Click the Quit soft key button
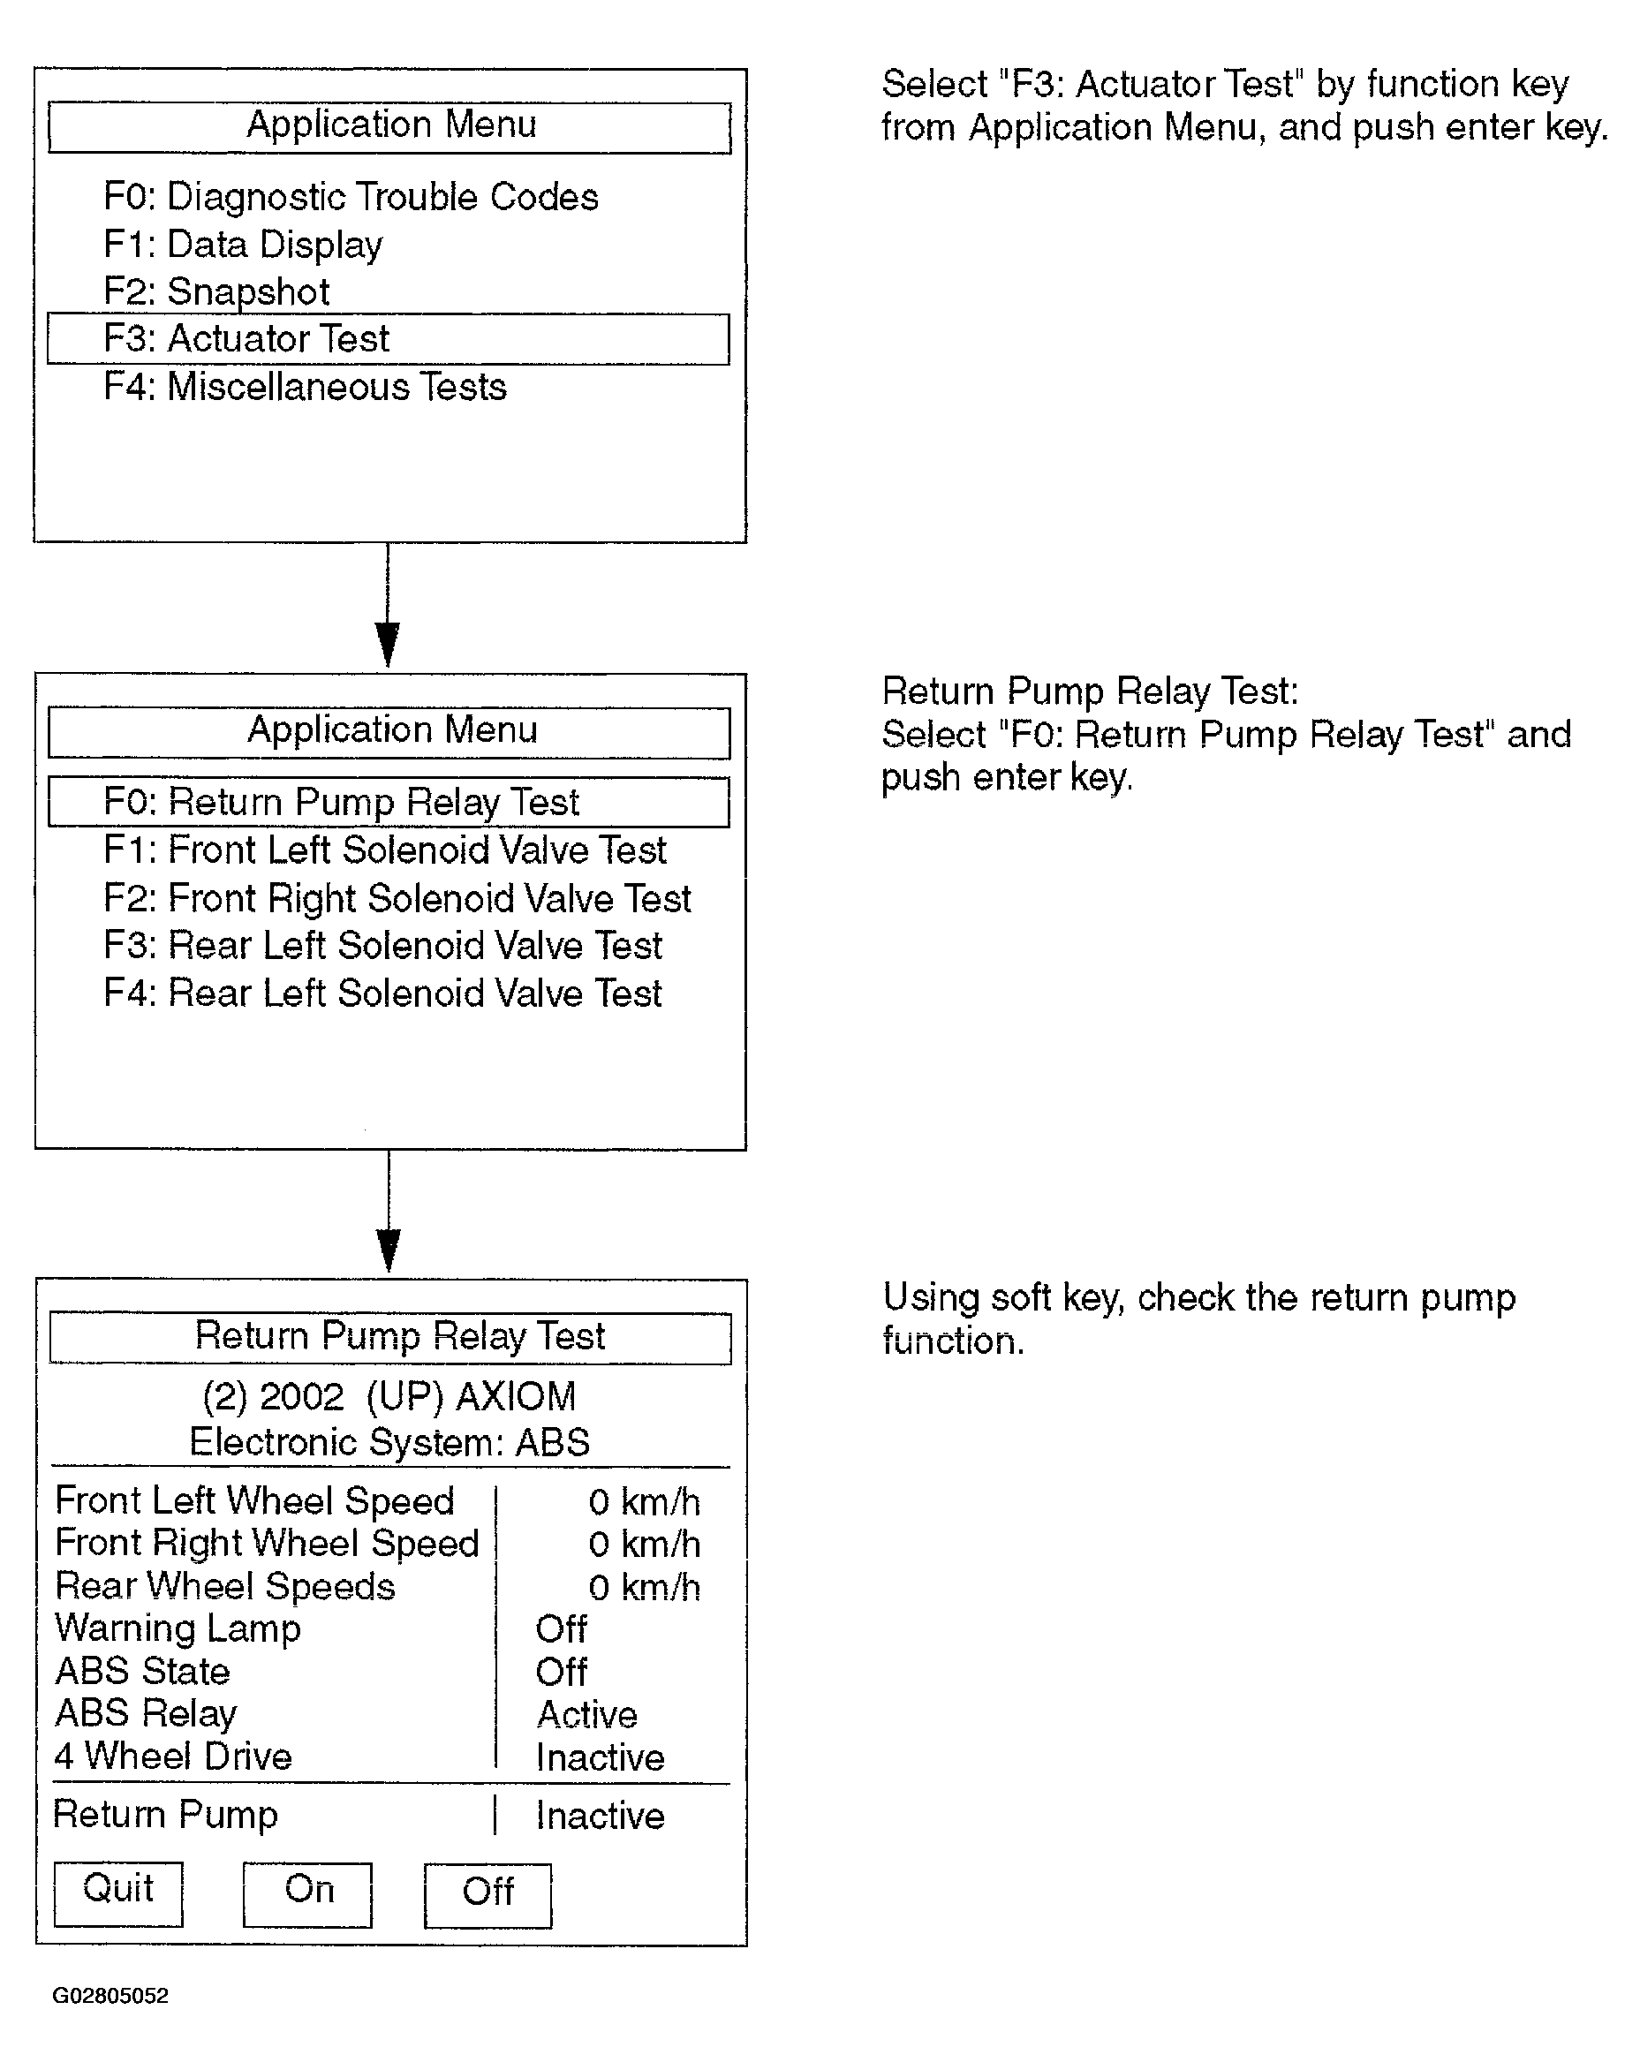point(118,1893)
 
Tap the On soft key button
point(307,1893)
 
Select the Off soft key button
point(487,1895)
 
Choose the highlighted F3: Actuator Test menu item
point(388,339)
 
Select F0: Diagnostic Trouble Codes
point(351,197)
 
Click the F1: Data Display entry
point(243,245)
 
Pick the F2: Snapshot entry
point(217,292)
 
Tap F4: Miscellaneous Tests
point(305,387)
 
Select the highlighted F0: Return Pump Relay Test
point(388,802)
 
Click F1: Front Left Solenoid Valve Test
point(385,850)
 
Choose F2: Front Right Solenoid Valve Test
point(397,899)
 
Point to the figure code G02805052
point(110,1995)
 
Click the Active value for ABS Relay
point(586,1714)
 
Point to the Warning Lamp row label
point(178,1628)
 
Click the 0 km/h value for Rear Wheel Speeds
point(643,1587)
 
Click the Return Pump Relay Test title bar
point(389,1337)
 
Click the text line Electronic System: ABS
point(389,1442)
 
